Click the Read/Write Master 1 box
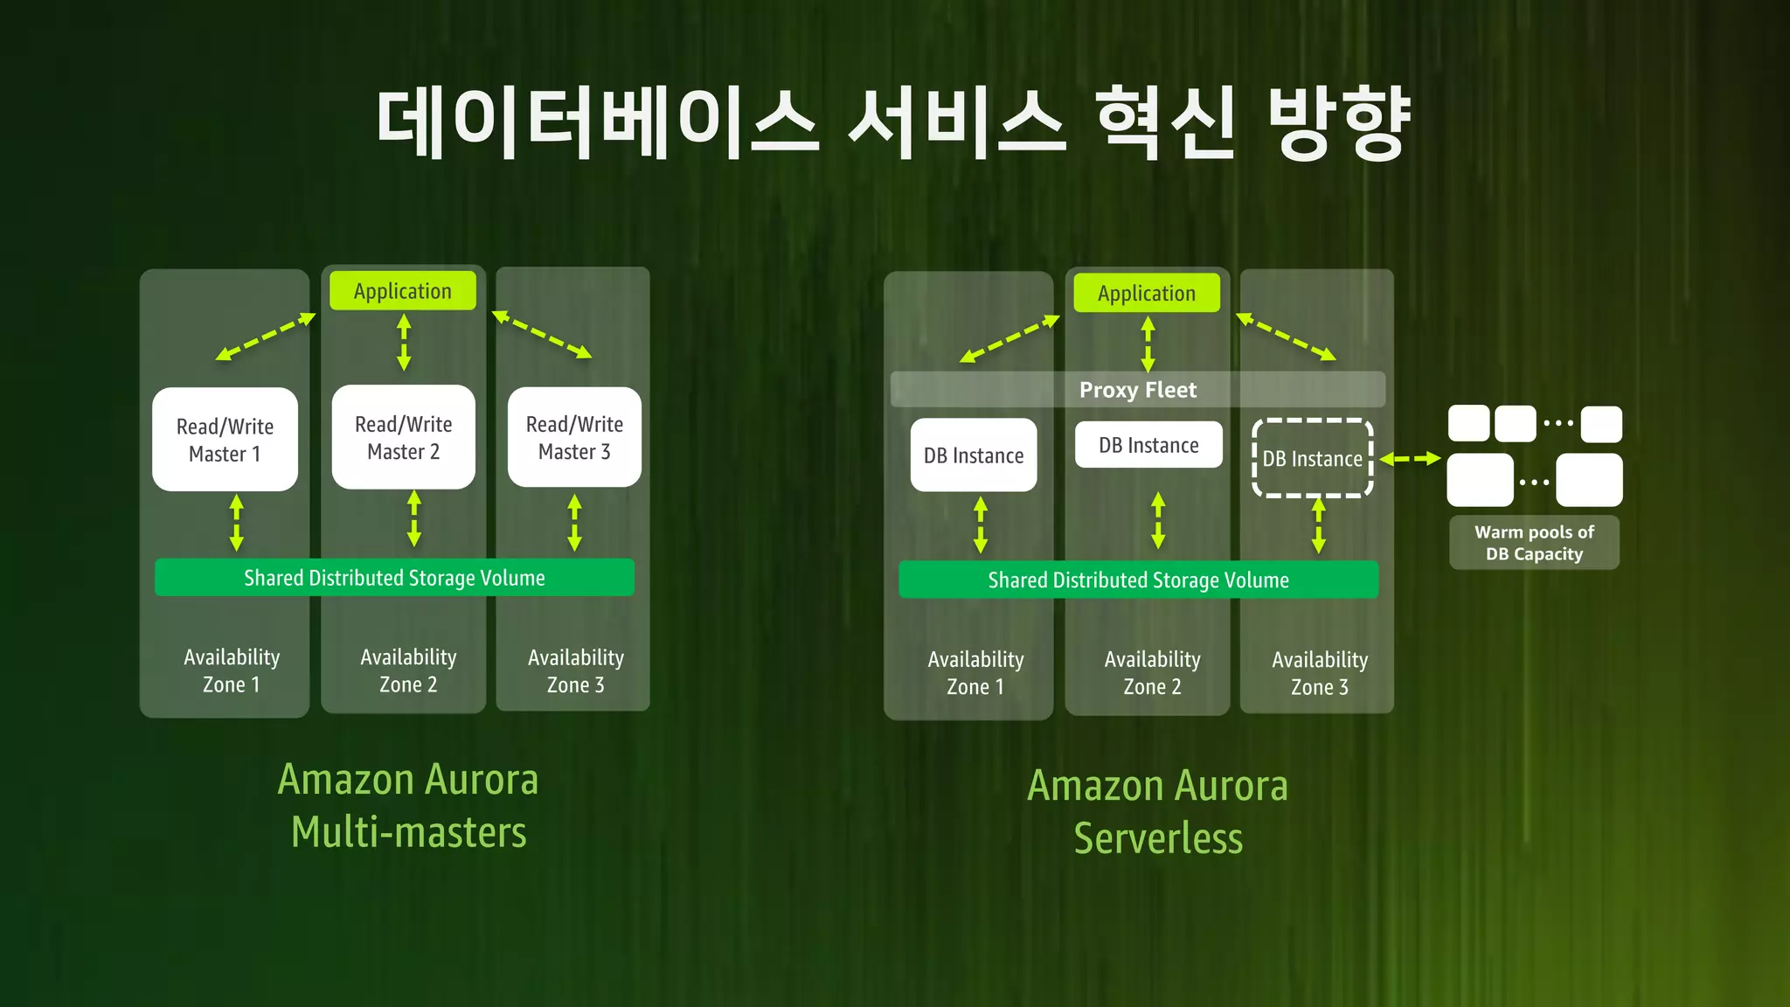click(225, 440)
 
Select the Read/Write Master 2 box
click(403, 437)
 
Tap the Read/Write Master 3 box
click(574, 437)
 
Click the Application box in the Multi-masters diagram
click(402, 291)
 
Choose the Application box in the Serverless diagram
click(1146, 294)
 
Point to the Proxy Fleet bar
click(1137, 390)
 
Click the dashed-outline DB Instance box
click(1312, 458)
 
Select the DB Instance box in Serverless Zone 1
click(973, 455)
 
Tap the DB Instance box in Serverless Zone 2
click(1148, 445)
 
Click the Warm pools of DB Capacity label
click(1533, 543)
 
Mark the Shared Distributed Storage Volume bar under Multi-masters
click(394, 578)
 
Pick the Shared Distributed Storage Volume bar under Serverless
click(1138, 580)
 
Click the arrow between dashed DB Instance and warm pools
click(1410, 459)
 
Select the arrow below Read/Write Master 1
click(236, 523)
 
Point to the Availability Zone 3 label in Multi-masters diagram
click(575, 671)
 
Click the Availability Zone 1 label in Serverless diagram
click(975, 673)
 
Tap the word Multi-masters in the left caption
click(408, 832)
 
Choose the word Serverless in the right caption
click(1157, 838)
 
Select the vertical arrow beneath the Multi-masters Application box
click(404, 343)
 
